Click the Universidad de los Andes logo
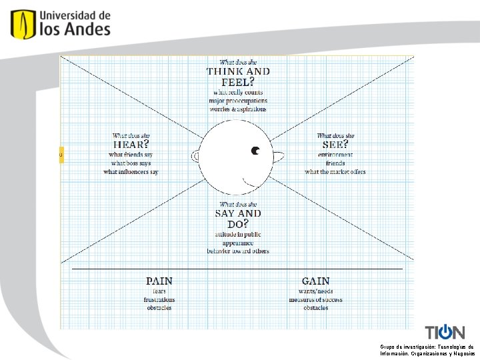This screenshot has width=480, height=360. pyautogui.click(x=60, y=24)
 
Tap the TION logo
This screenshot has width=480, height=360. pyautogui.click(x=445, y=332)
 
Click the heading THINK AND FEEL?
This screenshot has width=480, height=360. pyautogui.click(x=238, y=76)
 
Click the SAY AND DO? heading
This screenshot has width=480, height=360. pyautogui.click(x=238, y=218)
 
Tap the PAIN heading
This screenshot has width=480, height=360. pyautogui.click(x=159, y=281)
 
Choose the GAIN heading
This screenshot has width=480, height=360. pyautogui.click(x=315, y=281)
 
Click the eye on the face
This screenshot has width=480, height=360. pyautogui.click(x=255, y=151)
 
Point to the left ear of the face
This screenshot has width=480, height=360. pyautogui.click(x=196, y=156)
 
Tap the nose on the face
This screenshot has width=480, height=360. pyautogui.click(x=278, y=156)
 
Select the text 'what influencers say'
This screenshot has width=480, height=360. pyautogui.click(x=131, y=172)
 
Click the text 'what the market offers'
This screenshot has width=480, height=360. pyautogui.click(x=335, y=172)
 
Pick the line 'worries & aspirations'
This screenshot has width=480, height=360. pyautogui.click(x=238, y=109)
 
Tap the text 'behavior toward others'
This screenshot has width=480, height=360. pyautogui.click(x=238, y=251)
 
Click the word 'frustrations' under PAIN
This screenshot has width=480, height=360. pyautogui.click(x=159, y=300)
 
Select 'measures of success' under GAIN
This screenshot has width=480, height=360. pyautogui.click(x=315, y=300)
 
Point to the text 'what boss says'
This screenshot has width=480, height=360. pyautogui.click(x=131, y=163)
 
